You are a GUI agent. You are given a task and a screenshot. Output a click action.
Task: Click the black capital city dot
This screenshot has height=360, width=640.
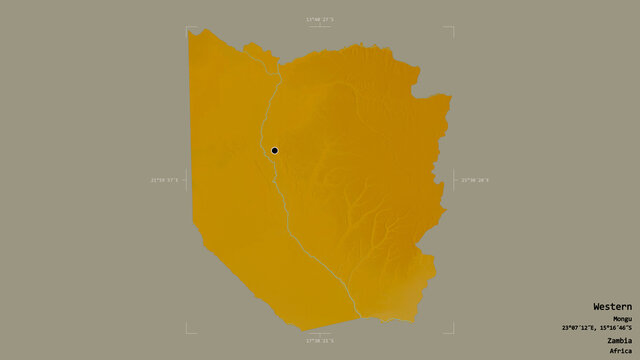tap(274, 151)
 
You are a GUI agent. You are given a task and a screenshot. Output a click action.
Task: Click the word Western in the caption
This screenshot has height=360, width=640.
tap(612, 306)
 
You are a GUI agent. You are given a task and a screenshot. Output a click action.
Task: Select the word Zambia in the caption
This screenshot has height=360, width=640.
tap(619, 340)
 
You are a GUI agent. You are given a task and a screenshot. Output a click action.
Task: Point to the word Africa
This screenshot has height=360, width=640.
tap(621, 351)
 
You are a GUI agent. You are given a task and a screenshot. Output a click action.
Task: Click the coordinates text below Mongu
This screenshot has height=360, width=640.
tap(596, 328)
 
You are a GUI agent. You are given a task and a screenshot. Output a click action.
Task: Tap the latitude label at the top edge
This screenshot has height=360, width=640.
tap(320, 19)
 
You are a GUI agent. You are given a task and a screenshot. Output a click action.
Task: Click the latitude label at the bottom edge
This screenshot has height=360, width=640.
tap(320, 341)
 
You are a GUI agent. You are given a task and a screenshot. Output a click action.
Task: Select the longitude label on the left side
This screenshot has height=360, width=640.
tap(163, 180)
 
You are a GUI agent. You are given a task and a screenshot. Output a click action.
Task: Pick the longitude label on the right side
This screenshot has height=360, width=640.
tap(475, 180)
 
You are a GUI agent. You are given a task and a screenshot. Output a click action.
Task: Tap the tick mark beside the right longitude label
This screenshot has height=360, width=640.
tap(455, 180)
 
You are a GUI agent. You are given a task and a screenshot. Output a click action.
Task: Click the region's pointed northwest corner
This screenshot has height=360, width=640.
tap(191, 31)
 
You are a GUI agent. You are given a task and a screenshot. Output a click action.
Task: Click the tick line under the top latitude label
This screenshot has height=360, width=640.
tap(320, 26)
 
